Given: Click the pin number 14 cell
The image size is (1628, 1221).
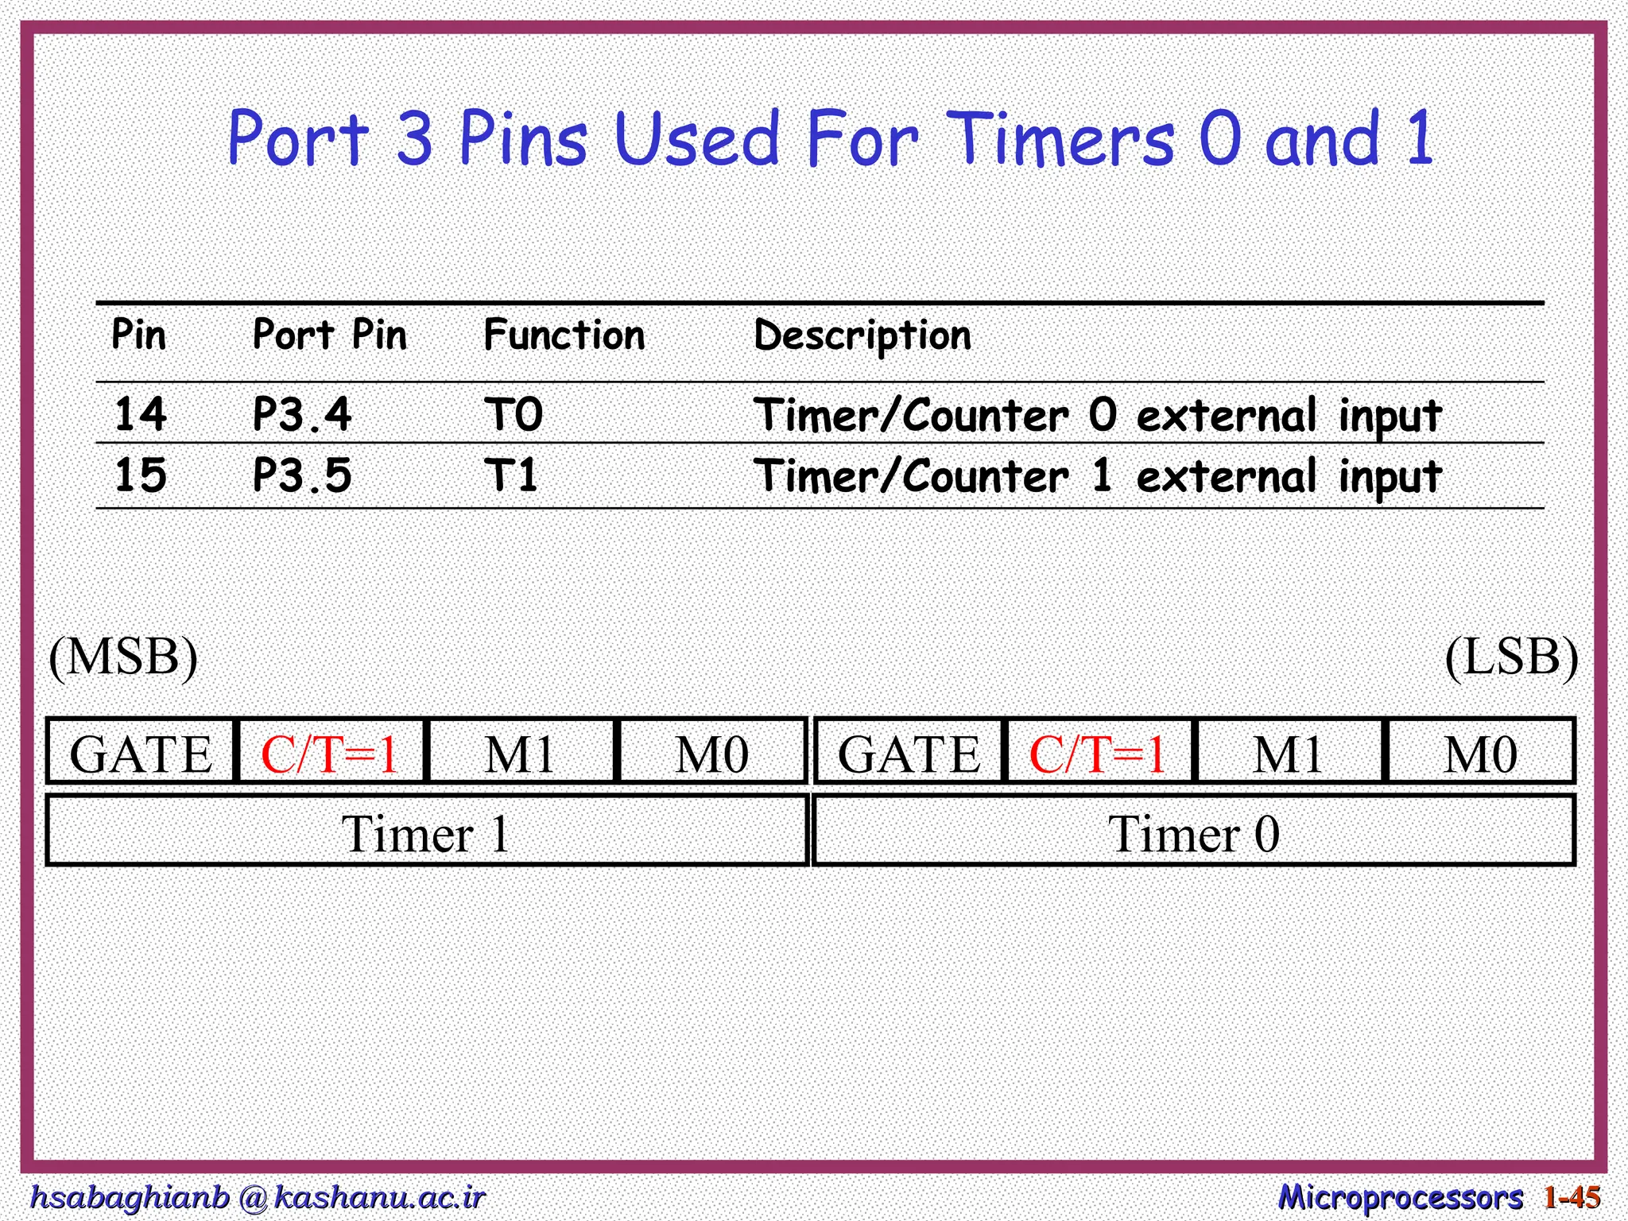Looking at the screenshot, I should click(x=141, y=414).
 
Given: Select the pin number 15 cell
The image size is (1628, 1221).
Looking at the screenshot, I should click(x=141, y=475).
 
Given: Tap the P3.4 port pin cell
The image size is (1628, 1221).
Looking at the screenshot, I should click(x=301, y=414).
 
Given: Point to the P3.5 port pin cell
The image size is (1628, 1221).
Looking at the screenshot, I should click(x=301, y=475).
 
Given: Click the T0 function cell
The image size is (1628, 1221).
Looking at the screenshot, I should click(x=514, y=414).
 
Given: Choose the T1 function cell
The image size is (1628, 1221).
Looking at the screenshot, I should click(x=512, y=475).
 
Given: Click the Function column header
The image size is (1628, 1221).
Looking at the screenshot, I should click(x=564, y=335).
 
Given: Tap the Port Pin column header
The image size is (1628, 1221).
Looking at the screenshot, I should click(x=329, y=335).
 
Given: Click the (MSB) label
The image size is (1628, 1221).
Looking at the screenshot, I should click(x=123, y=657).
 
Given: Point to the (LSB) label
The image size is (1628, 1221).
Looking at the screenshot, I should click(x=1511, y=657).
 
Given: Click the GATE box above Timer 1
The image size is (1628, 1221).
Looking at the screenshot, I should click(x=141, y=752).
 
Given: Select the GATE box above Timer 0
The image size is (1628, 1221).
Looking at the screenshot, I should click(x=909, y=752).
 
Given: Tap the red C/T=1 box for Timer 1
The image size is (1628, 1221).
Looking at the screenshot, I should click(x=330, y=752).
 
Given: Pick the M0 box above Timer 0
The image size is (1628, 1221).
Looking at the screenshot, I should click(x=1480, y=752).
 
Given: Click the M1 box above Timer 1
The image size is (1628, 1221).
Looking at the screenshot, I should click(x=520, y=752).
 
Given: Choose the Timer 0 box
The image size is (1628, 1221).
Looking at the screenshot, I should click(x=1193, y=831).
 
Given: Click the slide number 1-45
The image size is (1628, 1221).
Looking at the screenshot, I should click(x=1572, y=1197).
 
